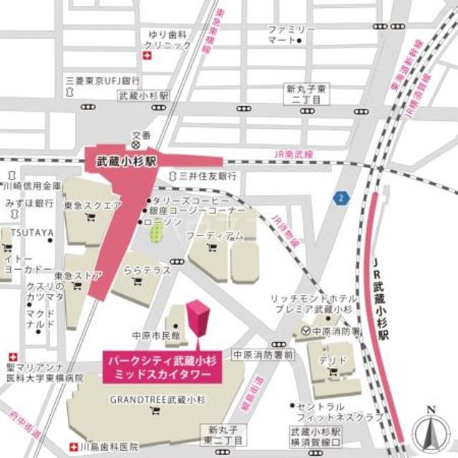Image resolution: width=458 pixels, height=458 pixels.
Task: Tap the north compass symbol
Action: [x=429, y=432]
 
